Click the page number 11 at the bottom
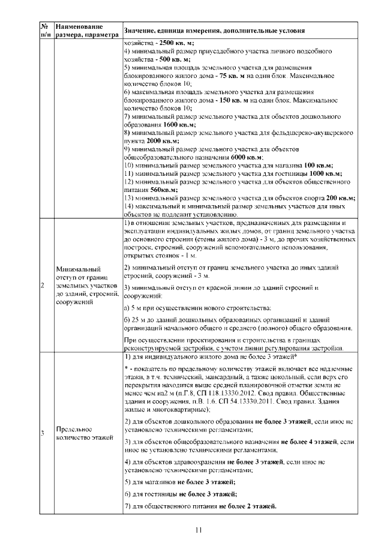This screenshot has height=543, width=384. [x=198, y=529]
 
